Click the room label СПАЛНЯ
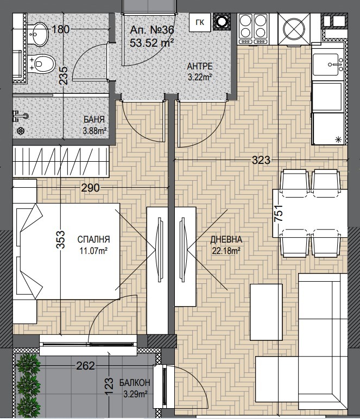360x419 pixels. click(94, 239)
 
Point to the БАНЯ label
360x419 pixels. click(94, 119)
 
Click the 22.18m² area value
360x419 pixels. click(226, 250)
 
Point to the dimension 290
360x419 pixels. click(90, 188)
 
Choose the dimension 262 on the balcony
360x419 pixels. click(85, 365)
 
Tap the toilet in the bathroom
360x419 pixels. click(43, 65)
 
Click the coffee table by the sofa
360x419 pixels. click(266, 313)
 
